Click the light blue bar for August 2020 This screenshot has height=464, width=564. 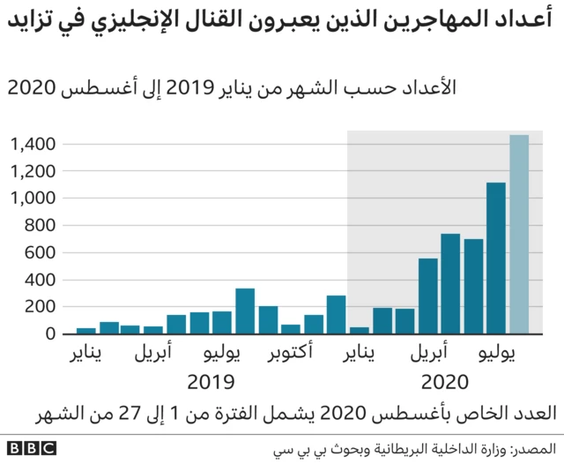519,235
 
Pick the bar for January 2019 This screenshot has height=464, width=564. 86,331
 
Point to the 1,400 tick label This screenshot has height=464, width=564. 34,144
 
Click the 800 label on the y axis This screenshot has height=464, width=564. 41,226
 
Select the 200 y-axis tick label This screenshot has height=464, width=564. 41,307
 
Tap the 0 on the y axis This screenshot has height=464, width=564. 51,334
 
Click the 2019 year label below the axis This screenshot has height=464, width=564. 211,383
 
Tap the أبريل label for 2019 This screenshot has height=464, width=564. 154,356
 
